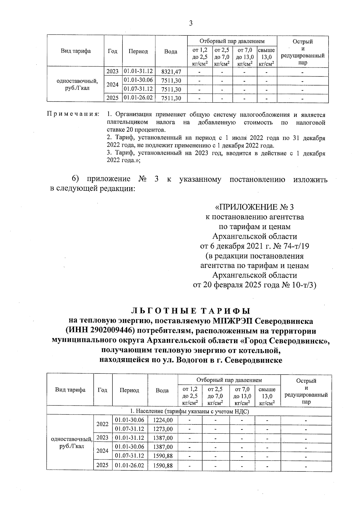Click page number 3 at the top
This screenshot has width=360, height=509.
point(191,23)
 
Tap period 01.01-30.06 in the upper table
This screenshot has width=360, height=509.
point(138,80)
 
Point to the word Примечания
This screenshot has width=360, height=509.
point(73,115)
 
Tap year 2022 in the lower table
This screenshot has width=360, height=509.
point(102,424)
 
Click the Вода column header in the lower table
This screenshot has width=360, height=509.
point(162,391)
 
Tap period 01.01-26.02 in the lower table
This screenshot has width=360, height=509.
point(130,466)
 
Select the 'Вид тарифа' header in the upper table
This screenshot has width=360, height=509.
point(76,51)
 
